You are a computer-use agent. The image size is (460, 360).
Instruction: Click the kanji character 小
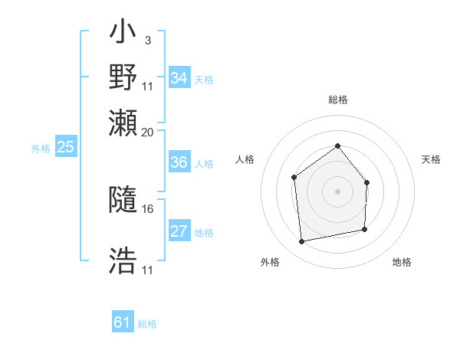tap(123, 35)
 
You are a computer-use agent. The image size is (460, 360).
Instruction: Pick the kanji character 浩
tap(123, 260)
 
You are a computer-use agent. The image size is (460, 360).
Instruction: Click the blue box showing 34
tap(179, 78)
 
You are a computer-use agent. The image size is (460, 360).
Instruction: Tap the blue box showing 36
tap(179, 162)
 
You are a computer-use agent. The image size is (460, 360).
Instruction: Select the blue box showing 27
tap(179, 232)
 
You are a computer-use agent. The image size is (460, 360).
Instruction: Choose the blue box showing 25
tap(65, 148)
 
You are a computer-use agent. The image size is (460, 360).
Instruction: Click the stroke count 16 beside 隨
tap(148, 208)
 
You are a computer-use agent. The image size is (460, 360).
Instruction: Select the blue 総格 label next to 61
tap(147, 324)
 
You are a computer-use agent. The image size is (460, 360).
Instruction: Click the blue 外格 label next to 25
tap(41, 149)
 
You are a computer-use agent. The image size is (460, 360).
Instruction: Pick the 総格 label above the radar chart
tap(337, 100)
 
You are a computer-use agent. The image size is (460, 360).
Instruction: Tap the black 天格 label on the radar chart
tap(431, 159)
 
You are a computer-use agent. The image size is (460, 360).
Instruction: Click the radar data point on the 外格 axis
tap(302, 242)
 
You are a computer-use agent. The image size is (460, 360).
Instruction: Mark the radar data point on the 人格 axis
tap(294, 178)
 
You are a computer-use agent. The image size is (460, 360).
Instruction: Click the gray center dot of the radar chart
tap(337, 191)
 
